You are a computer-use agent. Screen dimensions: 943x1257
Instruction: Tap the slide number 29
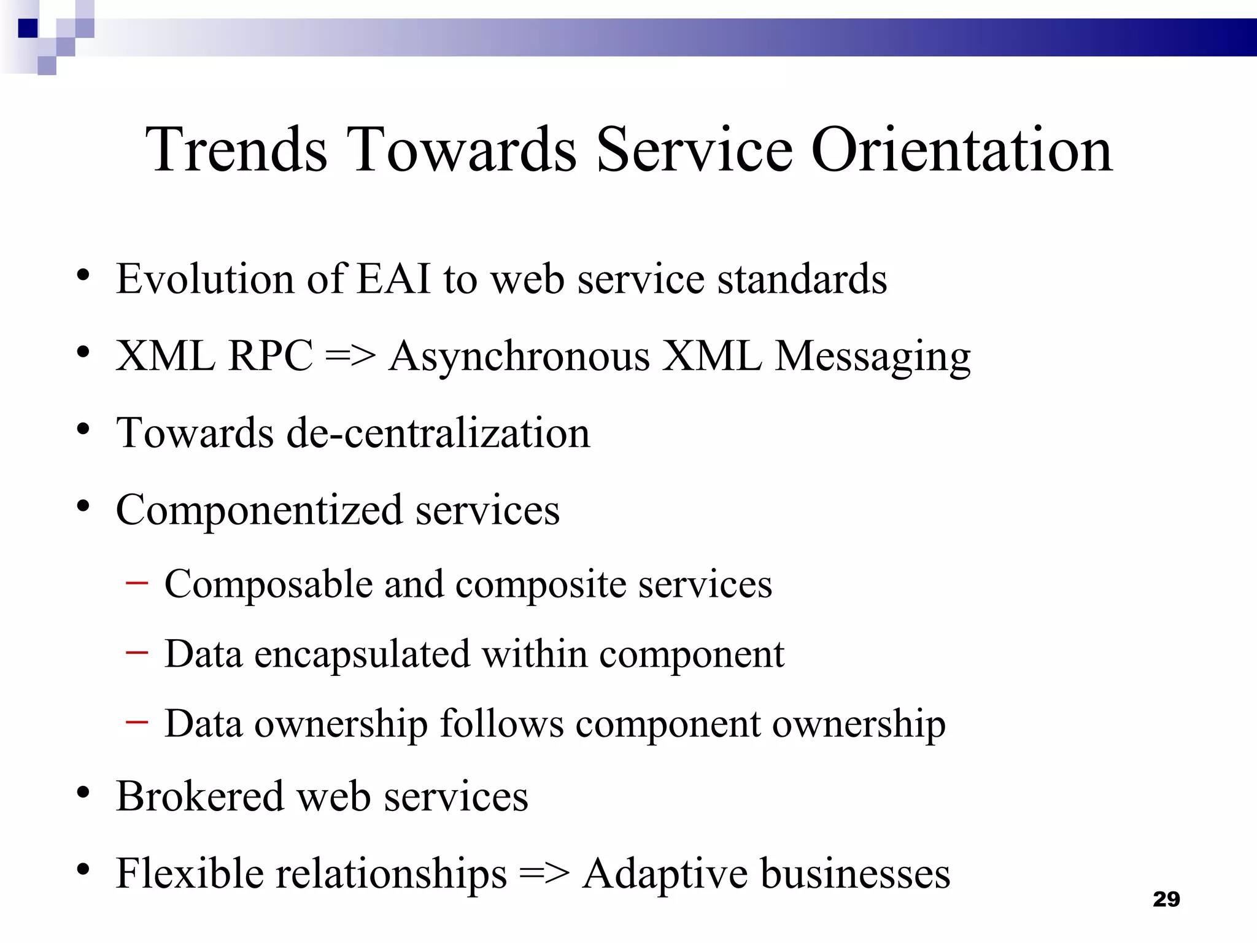coord(1166,899)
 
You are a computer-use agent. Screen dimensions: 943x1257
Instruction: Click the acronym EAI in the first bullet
coord(393,279)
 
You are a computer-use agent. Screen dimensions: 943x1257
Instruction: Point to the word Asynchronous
coord(519,357)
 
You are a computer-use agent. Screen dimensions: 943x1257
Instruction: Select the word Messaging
coord(872,357)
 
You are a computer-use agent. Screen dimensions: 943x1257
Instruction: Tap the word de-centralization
coord(438,433)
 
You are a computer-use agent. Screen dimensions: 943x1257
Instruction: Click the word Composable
coord(268,584)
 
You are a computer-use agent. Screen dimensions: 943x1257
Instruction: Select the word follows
coord(501,724)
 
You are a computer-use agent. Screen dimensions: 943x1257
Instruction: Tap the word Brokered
coord(200,796)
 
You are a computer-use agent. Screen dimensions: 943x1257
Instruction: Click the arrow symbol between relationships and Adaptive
coord(544,874)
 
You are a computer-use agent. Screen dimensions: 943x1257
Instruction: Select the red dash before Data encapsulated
coord(136,653)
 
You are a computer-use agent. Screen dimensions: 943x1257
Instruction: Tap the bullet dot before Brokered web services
coord(83,794)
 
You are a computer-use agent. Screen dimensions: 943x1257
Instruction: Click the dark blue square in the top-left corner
coord(28,28)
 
